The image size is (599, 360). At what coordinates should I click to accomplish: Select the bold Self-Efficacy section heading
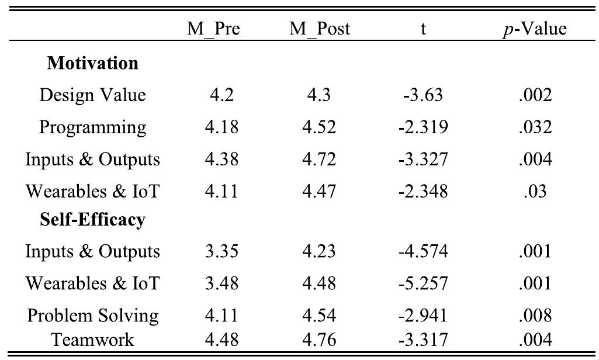pyautogui.click(x=92, y=220)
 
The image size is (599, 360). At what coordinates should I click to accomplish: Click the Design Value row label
pyautogui.click(x=92, y=95)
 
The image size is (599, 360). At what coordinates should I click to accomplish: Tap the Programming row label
pyautogui.click(x=92, y=127)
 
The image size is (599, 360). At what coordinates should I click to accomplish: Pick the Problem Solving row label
pyautogui.click(x=92, y=316)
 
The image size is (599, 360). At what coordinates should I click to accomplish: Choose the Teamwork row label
pyautogui.click(x=92, y=339)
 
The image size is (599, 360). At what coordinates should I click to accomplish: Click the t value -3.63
pyautogui.click(x=423, y=95)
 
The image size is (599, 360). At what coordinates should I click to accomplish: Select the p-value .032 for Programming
pyautogui.click(x=535, y=127)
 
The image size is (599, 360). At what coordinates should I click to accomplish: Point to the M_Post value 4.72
pyautogui.click(x=319, y=159)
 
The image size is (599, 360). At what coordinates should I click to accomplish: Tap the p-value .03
pyautogui.click(x=535, y=191)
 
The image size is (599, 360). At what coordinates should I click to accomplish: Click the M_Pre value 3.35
pyautogui.click(x=221, y=252)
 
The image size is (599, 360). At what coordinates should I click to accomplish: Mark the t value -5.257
pyautogui.click(x=423, y=283)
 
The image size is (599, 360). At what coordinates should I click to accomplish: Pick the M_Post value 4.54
pyautogui.click(x=319, y=316)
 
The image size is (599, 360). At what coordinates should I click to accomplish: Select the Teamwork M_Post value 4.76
pyautogui.click(x=319, y=339)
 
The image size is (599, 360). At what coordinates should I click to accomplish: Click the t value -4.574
pyautogui.click(x=423, y=252)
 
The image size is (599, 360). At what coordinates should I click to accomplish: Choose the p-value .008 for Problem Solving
pyautogui.click(x=535, y=316)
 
